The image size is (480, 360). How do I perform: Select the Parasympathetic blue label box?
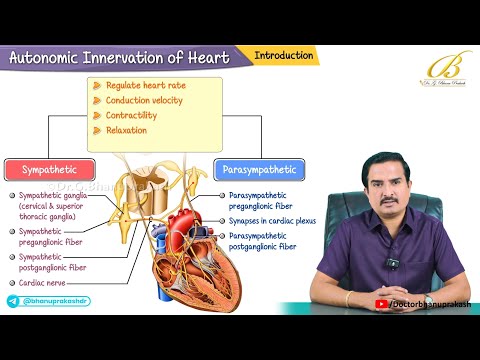tap(259, 169)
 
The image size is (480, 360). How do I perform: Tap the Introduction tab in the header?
tap(283, 55)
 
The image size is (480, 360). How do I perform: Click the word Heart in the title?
tap(205, 58)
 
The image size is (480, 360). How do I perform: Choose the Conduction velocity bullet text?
tap(149, 101)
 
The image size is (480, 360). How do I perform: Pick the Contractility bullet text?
tap(138, 116)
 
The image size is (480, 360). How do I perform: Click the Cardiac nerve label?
tap(44, 283)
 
